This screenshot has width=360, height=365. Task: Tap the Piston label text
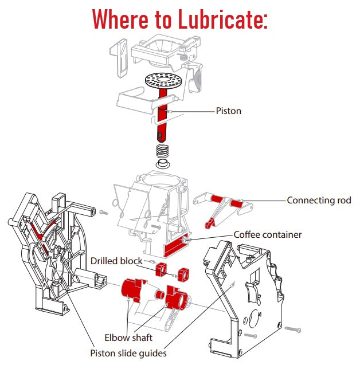point(228,111)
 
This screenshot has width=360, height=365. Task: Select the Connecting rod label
point(319,201)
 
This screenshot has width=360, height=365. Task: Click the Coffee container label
point(267,234)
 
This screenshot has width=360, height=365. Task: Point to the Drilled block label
point(116,261)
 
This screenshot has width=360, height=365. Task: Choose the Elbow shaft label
point(128,337)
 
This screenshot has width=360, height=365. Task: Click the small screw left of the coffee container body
point(104,212)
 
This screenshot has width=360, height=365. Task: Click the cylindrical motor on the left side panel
point(86,278)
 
